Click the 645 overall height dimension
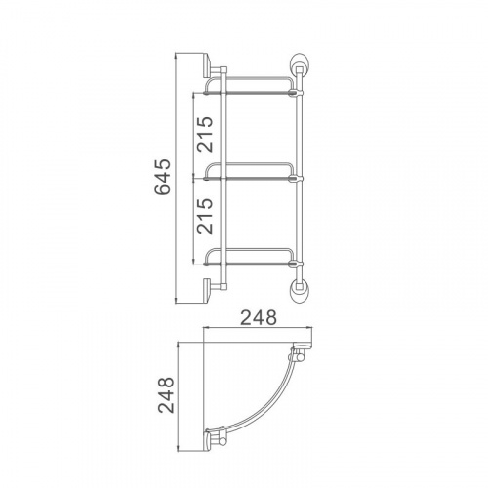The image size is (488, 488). [x=162, y=177]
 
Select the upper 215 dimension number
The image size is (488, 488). [x=205, y=134]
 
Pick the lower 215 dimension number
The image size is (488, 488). [x=205, y=216]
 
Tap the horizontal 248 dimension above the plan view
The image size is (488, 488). [x=259, y=317]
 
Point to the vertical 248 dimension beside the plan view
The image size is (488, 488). [x=166, y=395]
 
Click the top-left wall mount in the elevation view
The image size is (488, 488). [x=212, y=66]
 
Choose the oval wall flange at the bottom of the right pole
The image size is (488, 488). [x=299, y=290]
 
